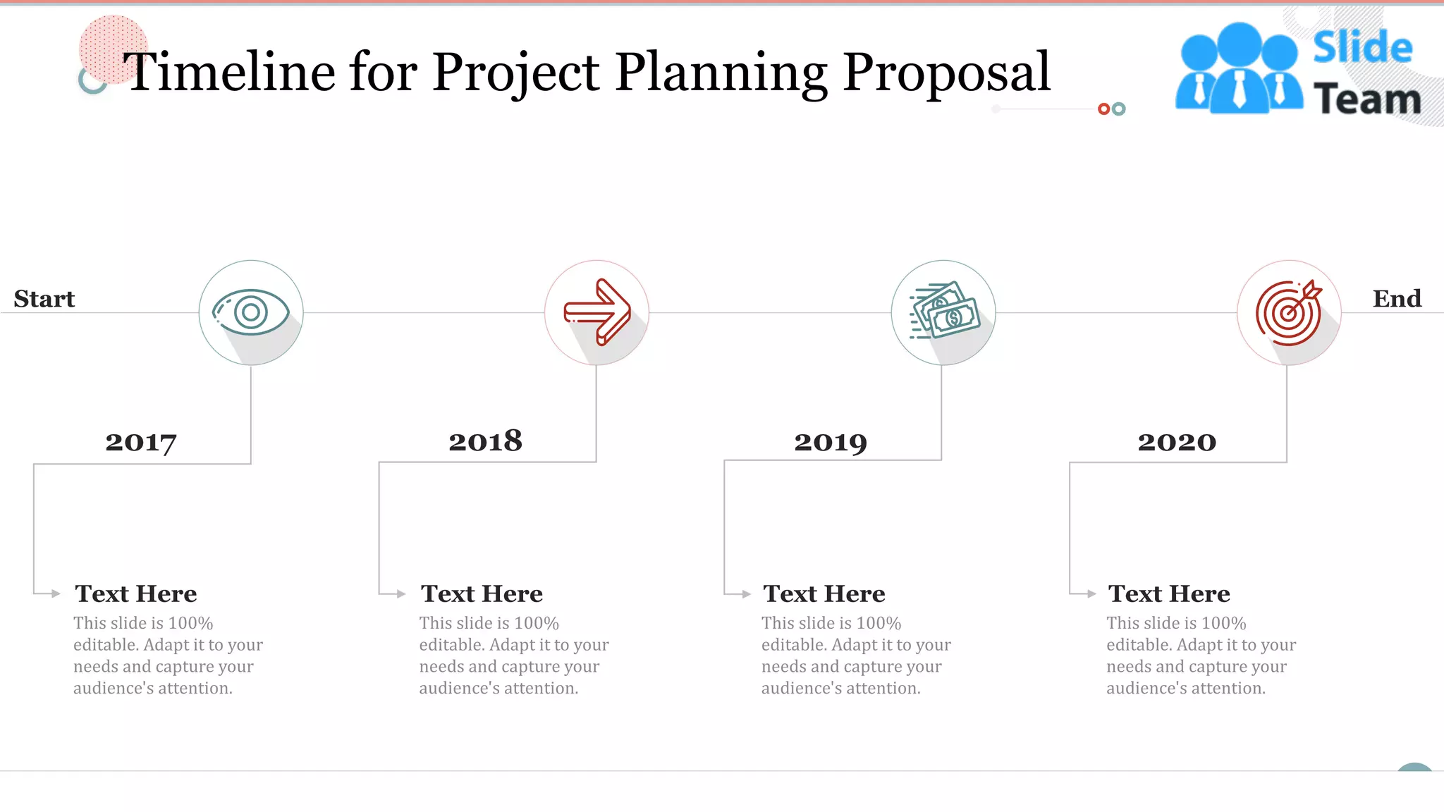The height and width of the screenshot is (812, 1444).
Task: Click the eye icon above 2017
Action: (x=251, y=312)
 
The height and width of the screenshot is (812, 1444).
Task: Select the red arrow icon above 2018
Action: (x=597, y=312)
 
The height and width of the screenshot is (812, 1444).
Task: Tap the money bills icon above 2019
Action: (x=945, y=311)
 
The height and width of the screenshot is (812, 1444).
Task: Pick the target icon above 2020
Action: (x=1289, y=312)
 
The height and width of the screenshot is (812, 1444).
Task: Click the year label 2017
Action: (x=141, y=443)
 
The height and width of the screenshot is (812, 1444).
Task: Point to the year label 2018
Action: (x=486, y=441)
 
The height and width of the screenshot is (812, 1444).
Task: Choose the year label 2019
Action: (x=831, y=443)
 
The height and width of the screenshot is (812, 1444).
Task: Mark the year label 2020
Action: (x=1177, y=442)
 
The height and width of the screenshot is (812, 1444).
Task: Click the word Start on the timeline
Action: (x=44, y=299)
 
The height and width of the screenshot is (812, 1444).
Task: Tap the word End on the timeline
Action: (x=1397, y=299)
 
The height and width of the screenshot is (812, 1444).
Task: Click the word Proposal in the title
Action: (x=946, y=72)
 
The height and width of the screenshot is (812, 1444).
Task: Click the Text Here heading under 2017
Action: (x=136, y=593)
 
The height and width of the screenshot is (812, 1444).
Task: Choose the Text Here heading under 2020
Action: (x=1169, y=593)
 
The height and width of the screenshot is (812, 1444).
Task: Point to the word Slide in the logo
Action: (x=1362, y=47)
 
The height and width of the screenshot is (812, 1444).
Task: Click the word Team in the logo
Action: (x=1367, y=99)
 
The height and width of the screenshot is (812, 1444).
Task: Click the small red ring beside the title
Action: (x=1104, y=109)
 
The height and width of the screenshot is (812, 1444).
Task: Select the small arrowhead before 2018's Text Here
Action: (x=400, y=593)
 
